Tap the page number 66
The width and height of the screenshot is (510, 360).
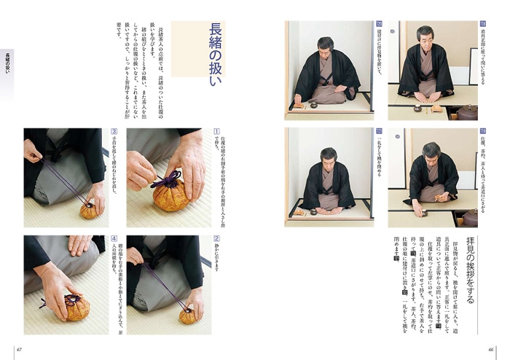[490, 348]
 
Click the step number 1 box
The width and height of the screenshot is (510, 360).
[216, 132]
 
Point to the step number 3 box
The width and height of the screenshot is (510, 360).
[114, 132]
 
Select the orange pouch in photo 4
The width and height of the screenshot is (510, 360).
[75, 308]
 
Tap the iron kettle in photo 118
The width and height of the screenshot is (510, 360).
[467, 111]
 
